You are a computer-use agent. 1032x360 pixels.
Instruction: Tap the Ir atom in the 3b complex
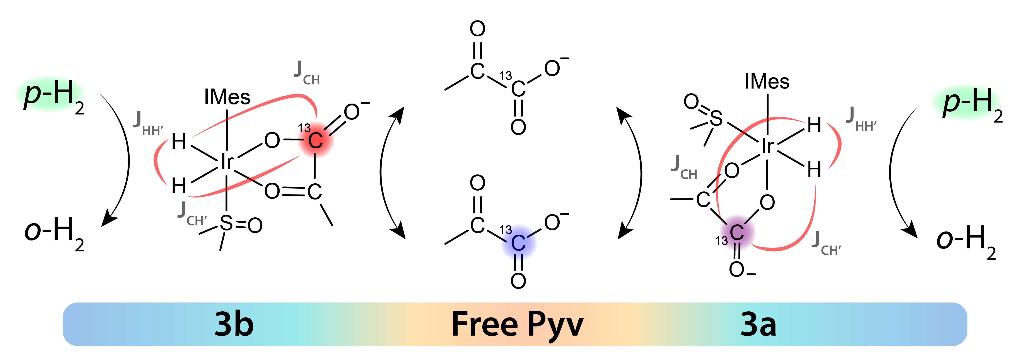pos(227,162)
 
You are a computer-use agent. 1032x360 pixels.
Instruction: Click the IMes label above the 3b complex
pos(227,97)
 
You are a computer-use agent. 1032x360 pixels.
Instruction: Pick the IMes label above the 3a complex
pos(767,82)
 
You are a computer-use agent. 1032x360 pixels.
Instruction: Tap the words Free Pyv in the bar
pos(517,325)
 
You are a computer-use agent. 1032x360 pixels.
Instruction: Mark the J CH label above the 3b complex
pos(306,73)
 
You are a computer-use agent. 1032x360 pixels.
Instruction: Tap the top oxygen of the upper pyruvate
pos(478,29)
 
